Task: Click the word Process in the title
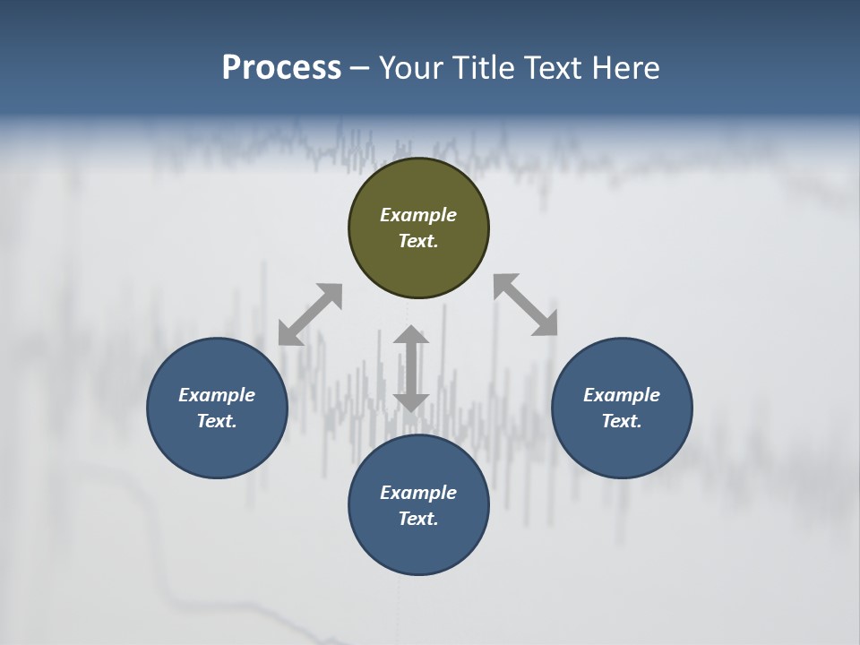[281, 68]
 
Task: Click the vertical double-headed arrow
[411, 369]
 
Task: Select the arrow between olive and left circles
[310, 314]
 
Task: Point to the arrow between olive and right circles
[526, 305]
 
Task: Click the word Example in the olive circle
[418, 215]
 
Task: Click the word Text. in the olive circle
[418, 241]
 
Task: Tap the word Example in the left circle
[217, 395]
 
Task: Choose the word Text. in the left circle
[217, 421]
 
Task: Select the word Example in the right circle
[622, 395]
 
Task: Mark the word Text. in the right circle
[622, 421]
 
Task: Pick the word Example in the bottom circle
[418, 493]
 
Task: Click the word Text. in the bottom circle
[418, 519]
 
